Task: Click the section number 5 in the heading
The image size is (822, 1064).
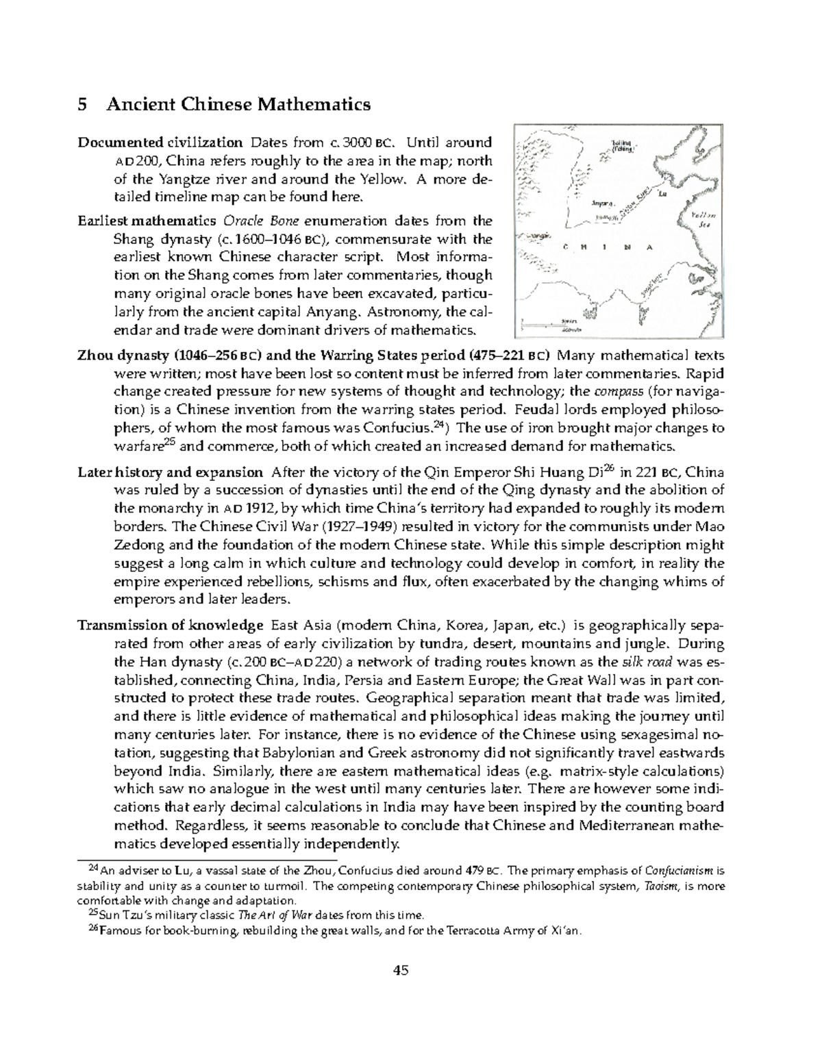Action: pyautogui.click(x=82, y=105)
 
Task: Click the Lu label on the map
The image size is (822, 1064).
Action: pyautogui.click(x=662, y=195)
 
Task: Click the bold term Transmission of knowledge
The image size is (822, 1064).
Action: pyautogui.click(x=171, y=626)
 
